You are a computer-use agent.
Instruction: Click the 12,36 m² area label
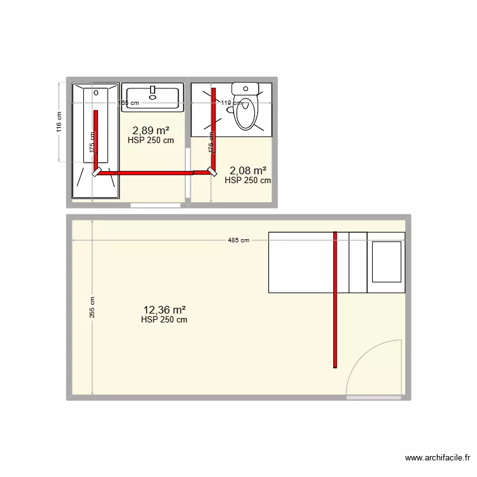pos(164,310)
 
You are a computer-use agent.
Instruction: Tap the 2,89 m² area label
pos(151,131)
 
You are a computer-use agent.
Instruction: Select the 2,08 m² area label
pos(247,170)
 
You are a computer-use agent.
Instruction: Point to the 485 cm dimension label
pos(238,240)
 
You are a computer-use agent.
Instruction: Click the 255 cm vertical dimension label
pos(92,308)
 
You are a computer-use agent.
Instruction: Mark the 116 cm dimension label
pos(59,122)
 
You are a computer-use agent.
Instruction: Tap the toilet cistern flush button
pos(245,88)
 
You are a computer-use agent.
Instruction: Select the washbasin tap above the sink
pos(153,90)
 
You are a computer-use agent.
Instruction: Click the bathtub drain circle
pos(96,93)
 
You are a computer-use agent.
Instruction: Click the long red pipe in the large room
pos(335,299)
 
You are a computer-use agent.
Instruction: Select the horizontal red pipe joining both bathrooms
pos(153,172)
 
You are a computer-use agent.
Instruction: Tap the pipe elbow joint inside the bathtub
pos(97,171)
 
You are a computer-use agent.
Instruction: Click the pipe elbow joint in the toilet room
pos(212,171)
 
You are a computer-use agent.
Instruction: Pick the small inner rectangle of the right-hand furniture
pos(386,261)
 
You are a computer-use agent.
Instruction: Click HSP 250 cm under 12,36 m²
pos(164,320)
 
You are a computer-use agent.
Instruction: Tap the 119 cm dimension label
pos(230,102)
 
